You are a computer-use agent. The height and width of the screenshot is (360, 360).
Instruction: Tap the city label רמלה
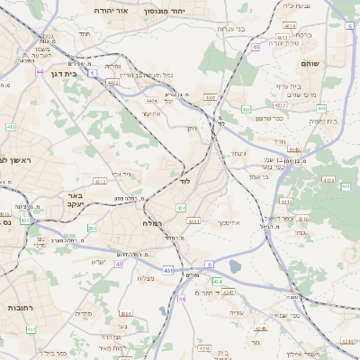point(151,221)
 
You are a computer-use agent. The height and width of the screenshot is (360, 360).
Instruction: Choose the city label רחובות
point(18,305)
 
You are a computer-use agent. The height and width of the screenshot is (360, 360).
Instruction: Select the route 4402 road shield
point(113,82)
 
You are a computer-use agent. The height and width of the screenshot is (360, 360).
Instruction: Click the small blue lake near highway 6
point(236,266)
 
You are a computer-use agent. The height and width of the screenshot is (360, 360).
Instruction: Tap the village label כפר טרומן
point(269,118)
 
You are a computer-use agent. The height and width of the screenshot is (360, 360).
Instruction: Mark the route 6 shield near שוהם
point(348,26)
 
